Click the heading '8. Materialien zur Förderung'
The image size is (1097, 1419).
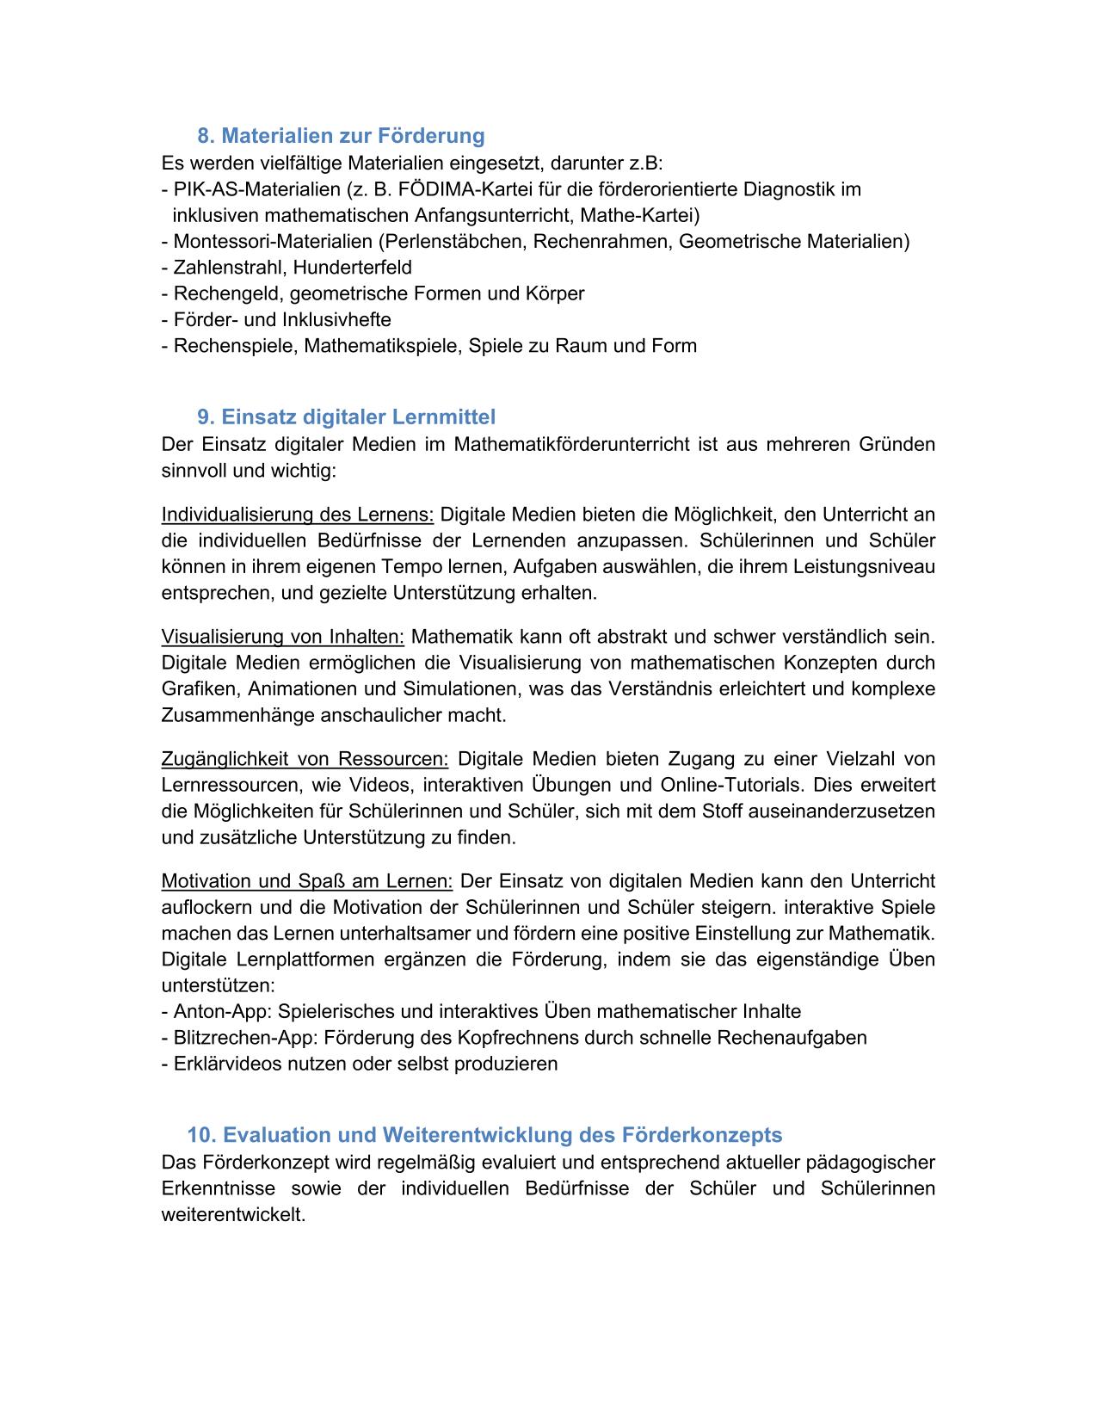coord(341,136)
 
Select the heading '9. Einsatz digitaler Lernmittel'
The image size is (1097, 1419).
coord(346,417)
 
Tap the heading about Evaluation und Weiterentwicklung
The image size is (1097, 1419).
coord(484,1134)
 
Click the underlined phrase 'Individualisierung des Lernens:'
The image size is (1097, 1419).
coord(298,515)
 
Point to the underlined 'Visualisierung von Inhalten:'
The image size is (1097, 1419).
coord(283,637)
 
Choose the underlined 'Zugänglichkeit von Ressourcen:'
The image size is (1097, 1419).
coord(305,759)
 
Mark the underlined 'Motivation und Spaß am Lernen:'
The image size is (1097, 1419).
coord(307,881)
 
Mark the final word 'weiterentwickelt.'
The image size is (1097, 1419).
coord(234,1216)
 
